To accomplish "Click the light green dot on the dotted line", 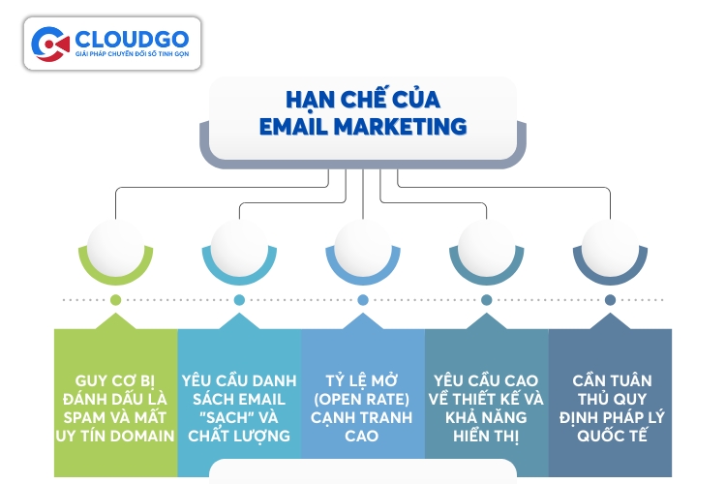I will click(x=115, y=300).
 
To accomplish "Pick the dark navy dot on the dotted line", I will click(x=610, y=300).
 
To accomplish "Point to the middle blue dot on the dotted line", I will click(x=363, y=300).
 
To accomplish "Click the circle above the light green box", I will click(x=115, y=246).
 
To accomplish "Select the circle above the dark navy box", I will click(x=610, y=246).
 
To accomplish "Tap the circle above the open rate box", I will click(x=363, y=246).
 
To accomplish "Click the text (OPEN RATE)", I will click(x=363, y=399).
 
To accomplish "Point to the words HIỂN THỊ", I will click(x=487, y=436).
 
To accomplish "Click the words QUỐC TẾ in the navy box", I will click(x=610, y=436).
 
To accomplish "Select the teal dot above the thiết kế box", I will click(x=487, y=300).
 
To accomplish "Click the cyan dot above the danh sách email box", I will click(x=239, y=300).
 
